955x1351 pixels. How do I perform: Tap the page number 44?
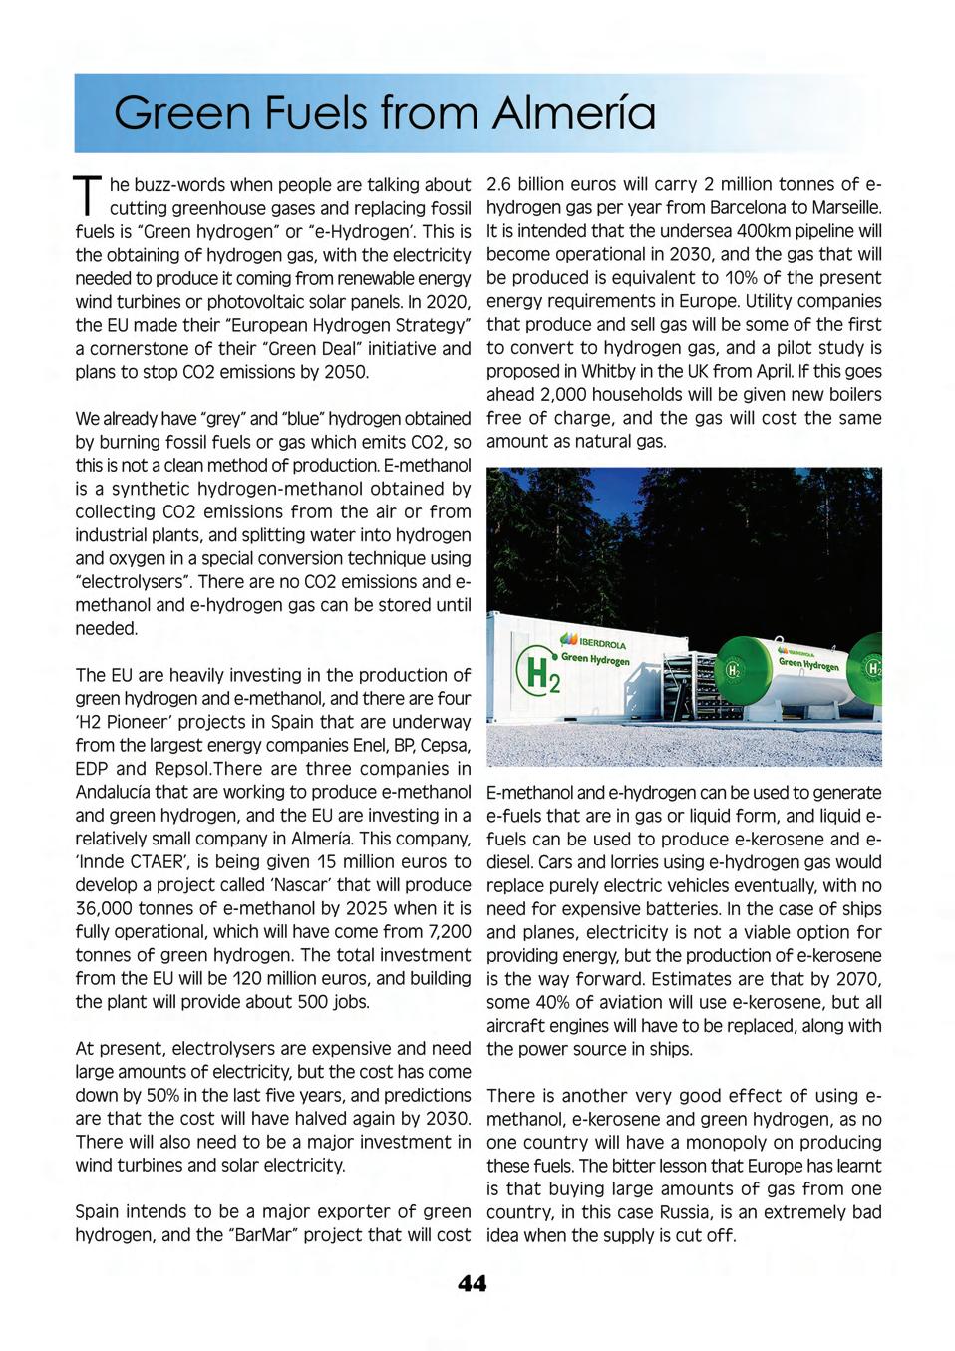pyautogui.click(x=472, y=1285)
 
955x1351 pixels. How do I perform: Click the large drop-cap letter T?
pyautogui.click(x=89, y=196)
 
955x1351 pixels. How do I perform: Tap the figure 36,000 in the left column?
pyautogui.click(x=108, y=908)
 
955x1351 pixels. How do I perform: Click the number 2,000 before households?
pyautogui.click(x=567, y=395)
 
